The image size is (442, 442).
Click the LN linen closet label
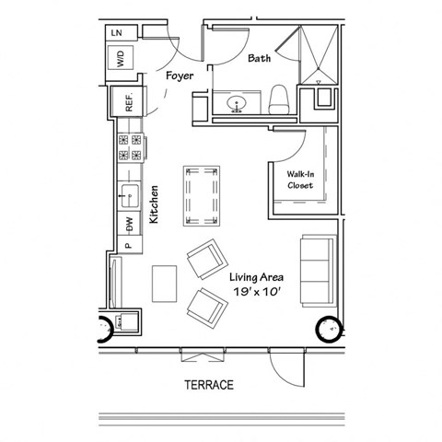click(117, 33)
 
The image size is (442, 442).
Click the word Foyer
click(180, 76)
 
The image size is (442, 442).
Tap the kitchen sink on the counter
click(130, 195)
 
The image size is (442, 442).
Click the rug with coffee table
click(202, 196)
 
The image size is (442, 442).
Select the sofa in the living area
click(316, 268)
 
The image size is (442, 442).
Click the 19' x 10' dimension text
click(255, 292)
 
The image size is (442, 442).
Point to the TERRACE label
click(207, 385)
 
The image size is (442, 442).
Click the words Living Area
click(255, 275)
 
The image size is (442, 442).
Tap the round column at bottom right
click(329, 329)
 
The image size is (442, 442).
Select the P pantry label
click(129, 245)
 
